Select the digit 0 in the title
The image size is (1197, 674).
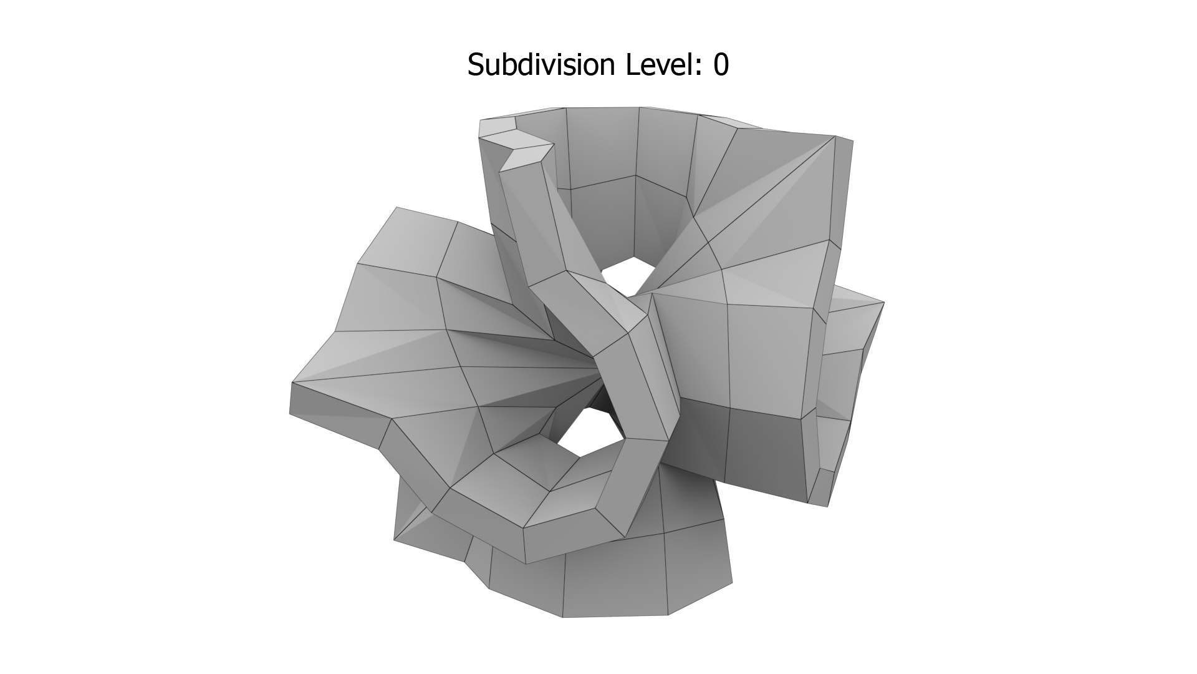tap(721, 65)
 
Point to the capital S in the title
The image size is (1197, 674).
tap(476, 65)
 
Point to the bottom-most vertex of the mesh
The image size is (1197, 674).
tap(563, 617)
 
